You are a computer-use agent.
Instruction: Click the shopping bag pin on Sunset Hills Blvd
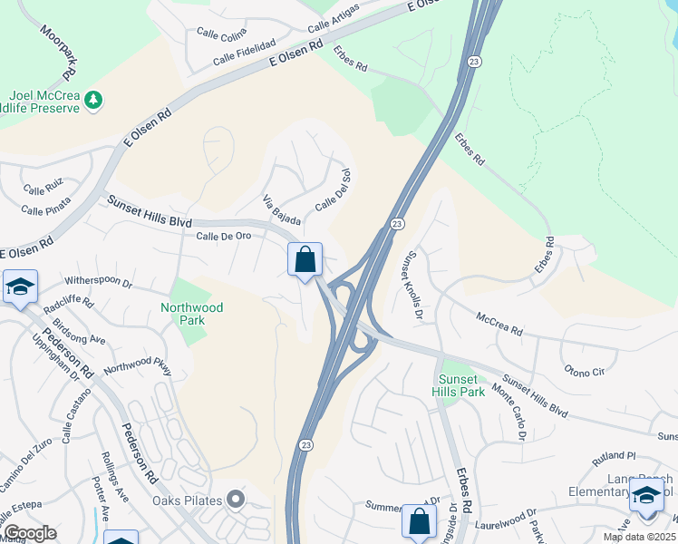305,259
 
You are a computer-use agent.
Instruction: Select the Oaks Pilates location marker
236,499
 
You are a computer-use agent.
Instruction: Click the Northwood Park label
191,314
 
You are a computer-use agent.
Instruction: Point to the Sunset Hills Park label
460,384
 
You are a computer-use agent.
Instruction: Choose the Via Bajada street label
281,210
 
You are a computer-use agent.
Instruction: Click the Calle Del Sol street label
333,191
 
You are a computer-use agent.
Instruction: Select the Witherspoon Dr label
98,282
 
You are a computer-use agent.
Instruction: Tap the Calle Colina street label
221,33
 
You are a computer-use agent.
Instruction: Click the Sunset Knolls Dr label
414,286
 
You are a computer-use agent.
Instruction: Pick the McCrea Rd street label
499,325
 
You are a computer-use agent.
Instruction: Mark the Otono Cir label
584,372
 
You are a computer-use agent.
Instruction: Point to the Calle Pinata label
45,210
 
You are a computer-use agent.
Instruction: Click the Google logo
30,533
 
